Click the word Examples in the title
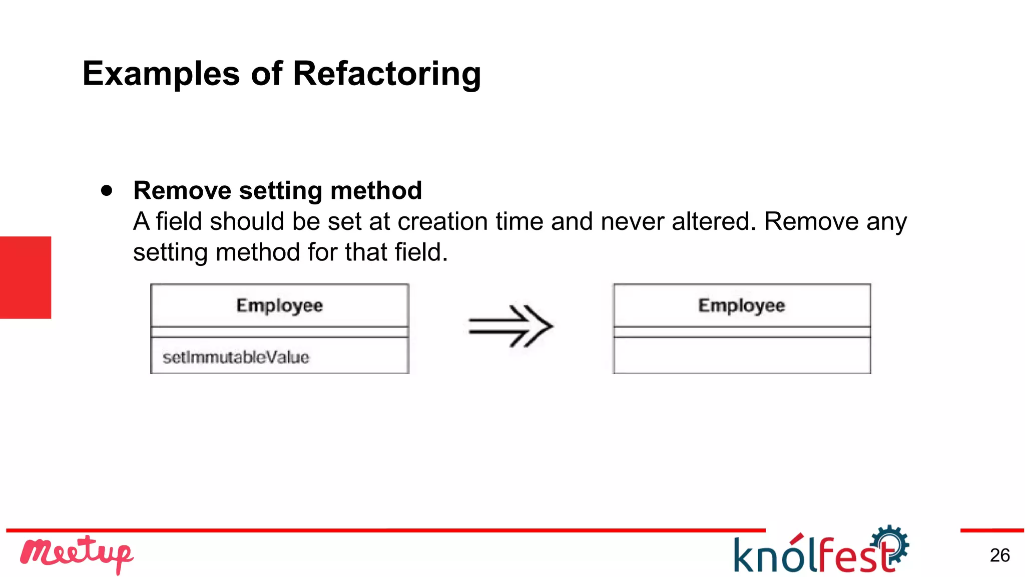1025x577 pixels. coord(161,74)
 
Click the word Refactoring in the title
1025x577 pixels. coord(386,74)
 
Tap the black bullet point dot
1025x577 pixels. coord(107,191)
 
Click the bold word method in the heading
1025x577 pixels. coord(376,191)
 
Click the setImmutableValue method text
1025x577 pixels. coord(236,357)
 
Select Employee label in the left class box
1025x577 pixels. coord(279,305)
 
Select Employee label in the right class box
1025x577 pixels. coord(741,305)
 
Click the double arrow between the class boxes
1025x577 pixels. coord(510,326)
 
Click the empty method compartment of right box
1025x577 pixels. coord(742,356)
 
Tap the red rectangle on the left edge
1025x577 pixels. coord(25,277)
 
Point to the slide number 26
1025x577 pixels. coord(999,555)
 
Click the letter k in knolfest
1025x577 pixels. coord(745,555)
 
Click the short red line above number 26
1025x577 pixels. coord(991,530)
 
